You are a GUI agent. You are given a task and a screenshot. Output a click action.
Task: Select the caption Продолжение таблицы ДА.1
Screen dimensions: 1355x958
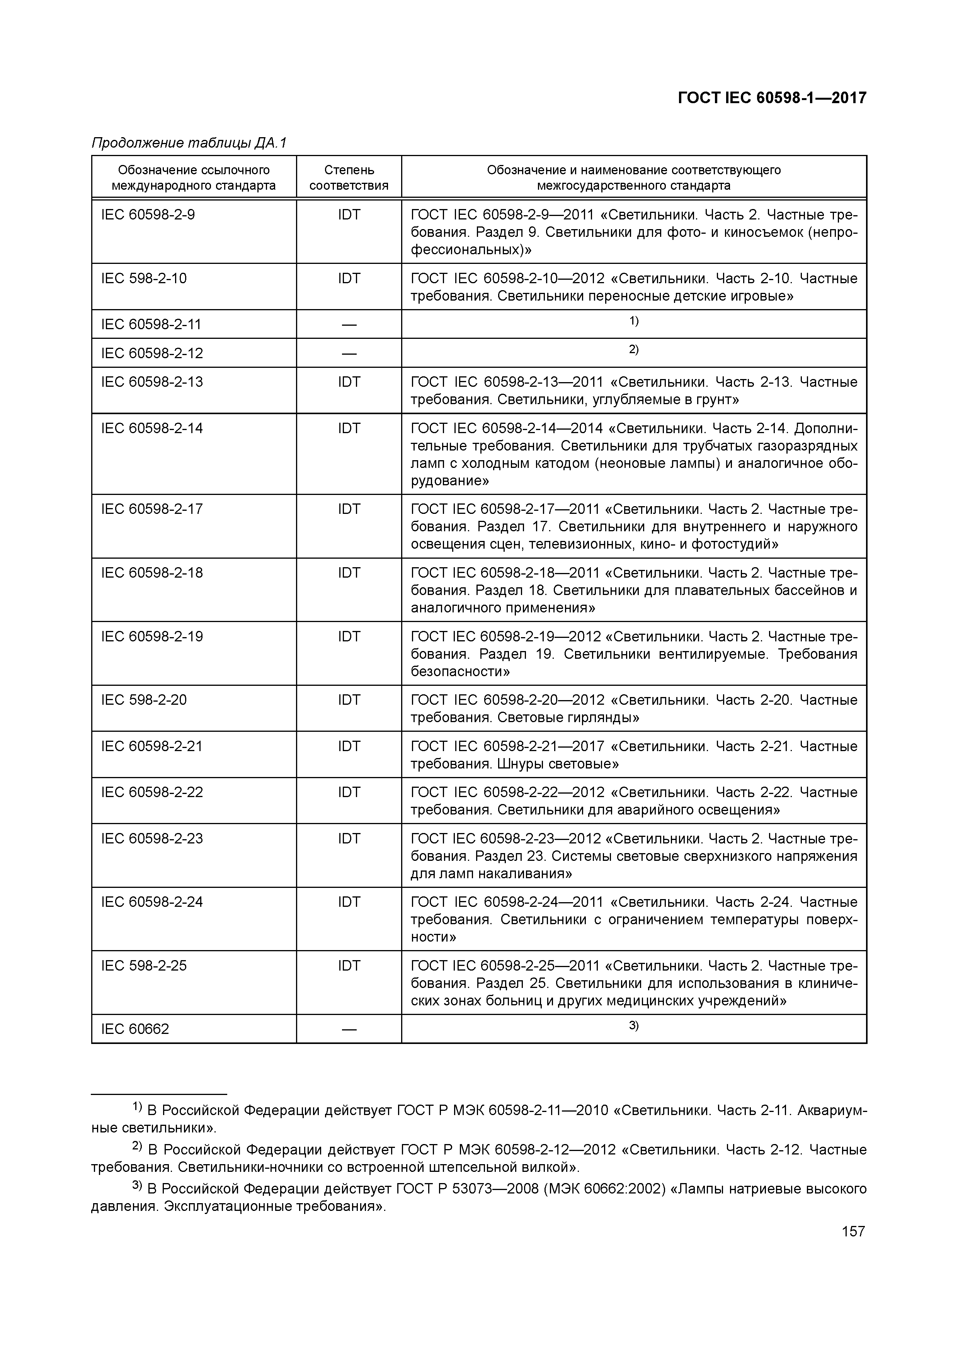click(x=189, y=143)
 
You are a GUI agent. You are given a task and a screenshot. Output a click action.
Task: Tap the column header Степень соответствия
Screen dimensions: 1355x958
click(x=349, y=178)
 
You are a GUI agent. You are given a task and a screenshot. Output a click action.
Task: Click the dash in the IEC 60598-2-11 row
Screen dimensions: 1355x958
click(x=349, y=325)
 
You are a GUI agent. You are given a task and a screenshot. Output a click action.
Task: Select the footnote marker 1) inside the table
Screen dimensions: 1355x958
click(x=633, y=321)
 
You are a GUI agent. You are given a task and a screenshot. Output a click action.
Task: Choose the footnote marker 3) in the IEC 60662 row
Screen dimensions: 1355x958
click(x=633, y=1026)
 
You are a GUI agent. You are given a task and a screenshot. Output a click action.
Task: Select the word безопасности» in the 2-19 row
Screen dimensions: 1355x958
click(x=460, y=672)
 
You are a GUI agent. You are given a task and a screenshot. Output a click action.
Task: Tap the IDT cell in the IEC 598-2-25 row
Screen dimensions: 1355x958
click(x=349, y=966)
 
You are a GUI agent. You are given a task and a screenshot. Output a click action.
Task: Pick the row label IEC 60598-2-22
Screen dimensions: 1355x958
click(x=152, y=792)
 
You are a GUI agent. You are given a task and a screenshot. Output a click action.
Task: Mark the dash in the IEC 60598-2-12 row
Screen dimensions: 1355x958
click(x=349, y=354)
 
